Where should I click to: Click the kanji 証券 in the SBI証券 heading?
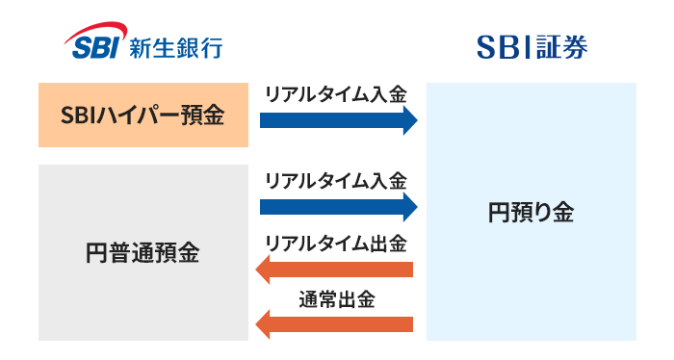(562, 45)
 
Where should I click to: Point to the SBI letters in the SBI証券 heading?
(505, 45)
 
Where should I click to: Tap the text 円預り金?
(531, 213)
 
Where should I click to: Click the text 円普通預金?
(142, 253)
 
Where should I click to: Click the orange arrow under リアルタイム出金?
(337, 268)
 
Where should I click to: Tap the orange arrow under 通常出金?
(337, 324)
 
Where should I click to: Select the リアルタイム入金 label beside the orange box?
(336, 94)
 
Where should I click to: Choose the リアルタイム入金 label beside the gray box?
(336, 180)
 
